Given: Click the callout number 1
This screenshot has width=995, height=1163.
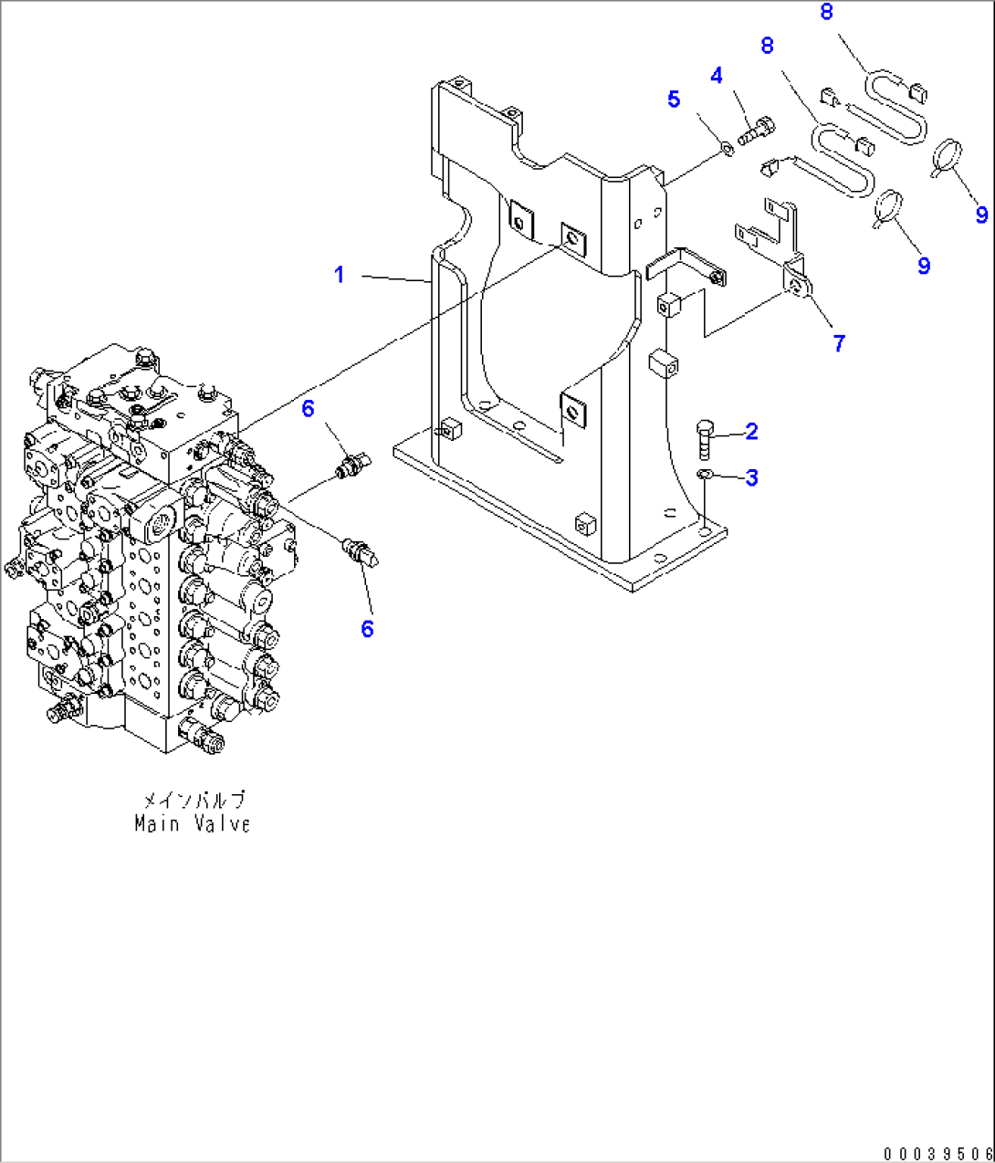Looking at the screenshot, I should pyautogui.click(x=339, y=275).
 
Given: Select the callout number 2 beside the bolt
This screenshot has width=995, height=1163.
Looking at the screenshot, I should pyautogui.click(x=751, y=431).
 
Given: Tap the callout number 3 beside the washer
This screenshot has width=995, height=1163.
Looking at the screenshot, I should pyautogui.click(x=751, y=477).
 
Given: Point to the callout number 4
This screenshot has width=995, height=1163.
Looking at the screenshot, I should pyautogui.click(x=717, y=77).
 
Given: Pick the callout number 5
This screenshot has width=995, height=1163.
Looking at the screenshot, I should pyautogui.click(x=674, y=100).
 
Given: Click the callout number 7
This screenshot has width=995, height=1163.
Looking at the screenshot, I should pyautogui.click(x=839, y=343).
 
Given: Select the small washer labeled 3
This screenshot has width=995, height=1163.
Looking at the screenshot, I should pyautogui.click(x=703, y=475).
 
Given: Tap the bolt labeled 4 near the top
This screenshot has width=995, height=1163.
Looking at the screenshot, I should pyautogui.click(x=755, y=131).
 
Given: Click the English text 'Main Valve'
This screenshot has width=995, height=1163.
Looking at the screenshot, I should pyautogui.click(x=192, y=823).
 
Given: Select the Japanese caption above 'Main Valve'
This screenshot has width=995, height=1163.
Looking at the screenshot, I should pyautogui.click(x=193, y=800).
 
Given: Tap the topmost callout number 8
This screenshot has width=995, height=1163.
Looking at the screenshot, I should pyautogui.click(x=826, y=13).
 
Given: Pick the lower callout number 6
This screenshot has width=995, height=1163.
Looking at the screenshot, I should pyautogui.click(x=367, y=628).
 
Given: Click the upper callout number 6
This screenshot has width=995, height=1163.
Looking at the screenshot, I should pyautogui.click(x=308, y=408).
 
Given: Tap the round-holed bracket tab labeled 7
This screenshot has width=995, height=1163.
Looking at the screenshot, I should pyautogui.click(x=799, y=286).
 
